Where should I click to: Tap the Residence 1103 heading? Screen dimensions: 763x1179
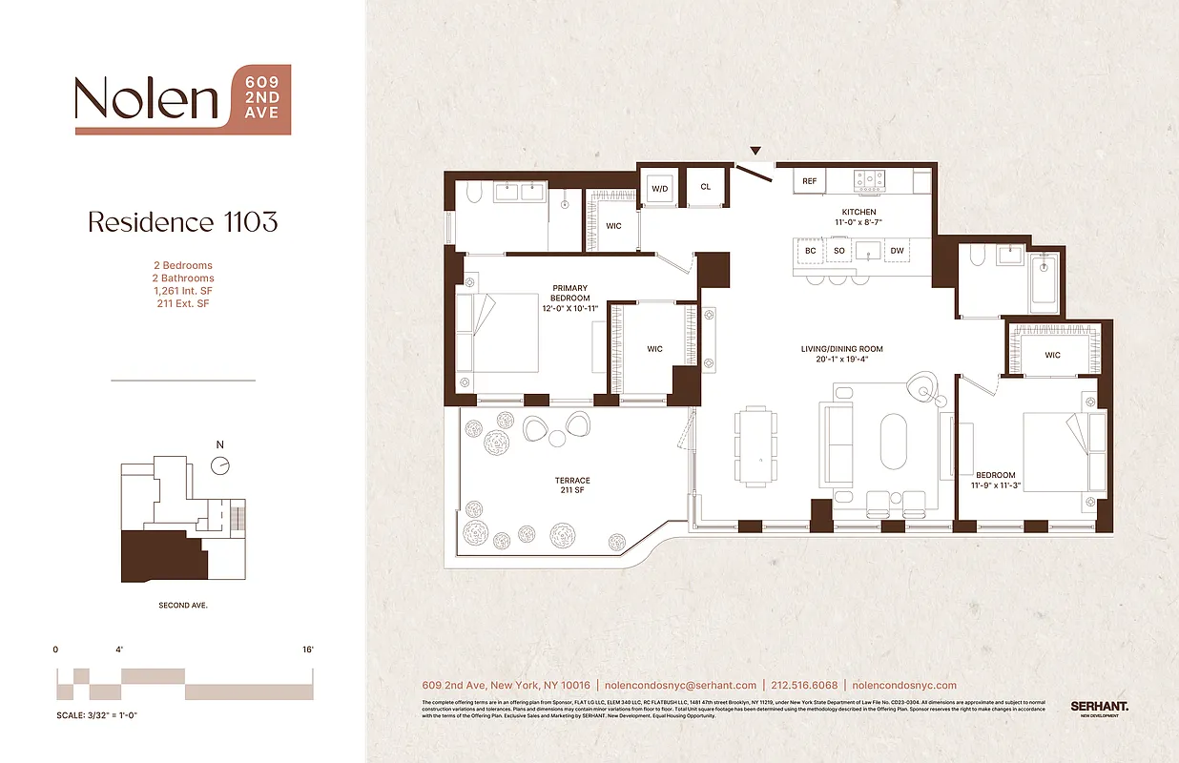(182, 222)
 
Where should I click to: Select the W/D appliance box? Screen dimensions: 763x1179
(660, 188)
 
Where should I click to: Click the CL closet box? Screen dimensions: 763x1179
(706, 187)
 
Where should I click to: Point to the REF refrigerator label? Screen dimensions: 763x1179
(810, 180)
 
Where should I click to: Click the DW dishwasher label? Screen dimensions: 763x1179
(896, 251)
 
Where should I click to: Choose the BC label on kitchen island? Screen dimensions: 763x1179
(810, 251)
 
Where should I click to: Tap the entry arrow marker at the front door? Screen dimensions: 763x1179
(755, 151)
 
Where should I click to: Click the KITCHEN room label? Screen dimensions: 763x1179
(858, 212)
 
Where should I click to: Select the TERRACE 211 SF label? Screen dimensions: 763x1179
(572, 485)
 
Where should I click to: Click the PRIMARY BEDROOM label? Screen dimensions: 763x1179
(569, 294)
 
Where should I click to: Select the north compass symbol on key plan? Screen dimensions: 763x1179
(220, 465)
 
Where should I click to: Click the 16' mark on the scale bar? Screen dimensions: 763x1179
(308, 650)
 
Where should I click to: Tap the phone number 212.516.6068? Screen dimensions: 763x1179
(804, 685)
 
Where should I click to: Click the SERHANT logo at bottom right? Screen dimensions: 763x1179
(1099, 707)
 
